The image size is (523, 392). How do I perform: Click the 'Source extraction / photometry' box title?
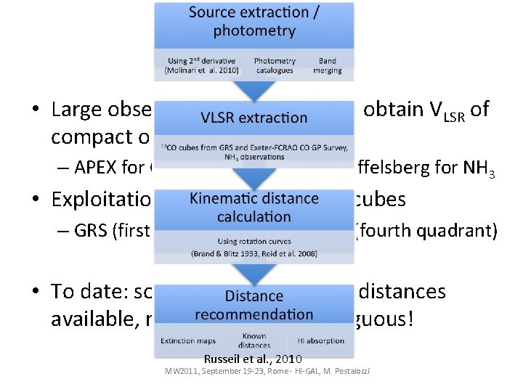(254, 22)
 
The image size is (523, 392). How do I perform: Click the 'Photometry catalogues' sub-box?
(275, 65)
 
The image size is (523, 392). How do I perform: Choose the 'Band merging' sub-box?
(327, 65)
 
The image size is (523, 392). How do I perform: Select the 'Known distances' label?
(254, 341)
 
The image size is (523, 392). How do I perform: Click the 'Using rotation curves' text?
(254, 241)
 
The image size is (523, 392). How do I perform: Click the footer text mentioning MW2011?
(267, 372)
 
